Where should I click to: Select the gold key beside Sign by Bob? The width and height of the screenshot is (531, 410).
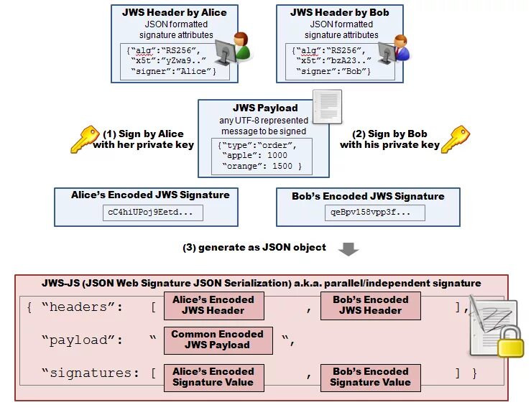tap(454, 139)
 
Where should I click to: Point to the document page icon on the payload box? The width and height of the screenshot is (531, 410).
tap(327, 106)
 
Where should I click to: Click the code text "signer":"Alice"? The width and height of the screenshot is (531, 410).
tap(180, 72)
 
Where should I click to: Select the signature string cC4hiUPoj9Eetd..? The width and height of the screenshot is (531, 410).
tap(153, 213)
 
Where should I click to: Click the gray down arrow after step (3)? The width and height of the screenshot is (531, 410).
tap(348, 249)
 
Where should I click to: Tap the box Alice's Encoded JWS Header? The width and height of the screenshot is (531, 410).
tap(213, 305)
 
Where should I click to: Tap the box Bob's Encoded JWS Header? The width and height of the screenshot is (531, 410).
tap(370, 305)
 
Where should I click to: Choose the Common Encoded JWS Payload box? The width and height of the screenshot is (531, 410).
tap(218, 340)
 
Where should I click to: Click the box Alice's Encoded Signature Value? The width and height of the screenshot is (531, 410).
tap(213, 377)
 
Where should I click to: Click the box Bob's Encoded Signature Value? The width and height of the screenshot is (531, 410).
tap(370, 377)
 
